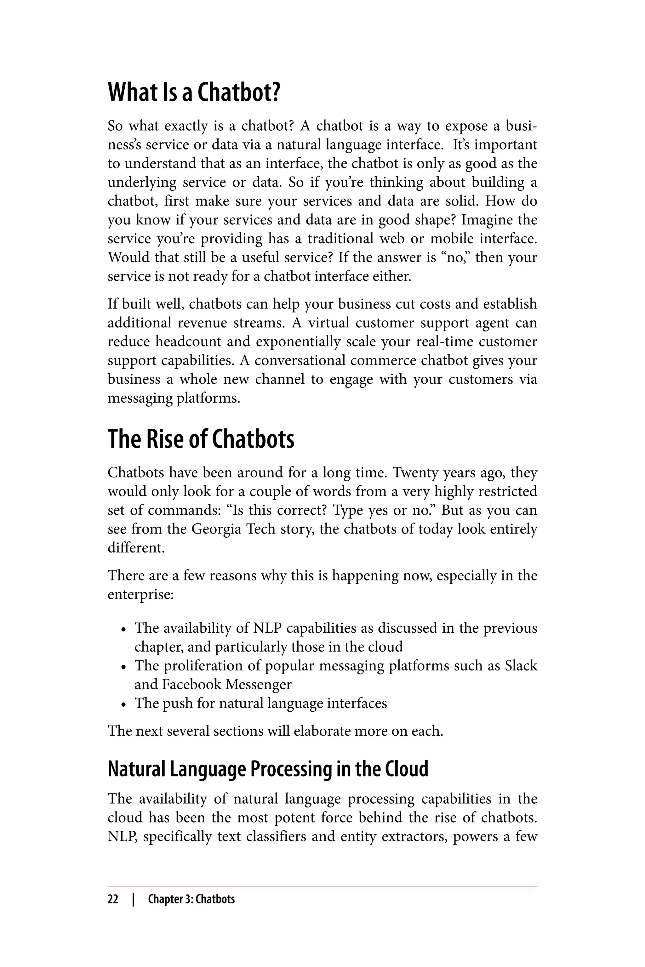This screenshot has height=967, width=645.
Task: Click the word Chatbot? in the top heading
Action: pyautogui.click(x=239, y=93)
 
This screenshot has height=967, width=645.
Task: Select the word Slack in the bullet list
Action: pyautogui.click(x=521, y=666)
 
